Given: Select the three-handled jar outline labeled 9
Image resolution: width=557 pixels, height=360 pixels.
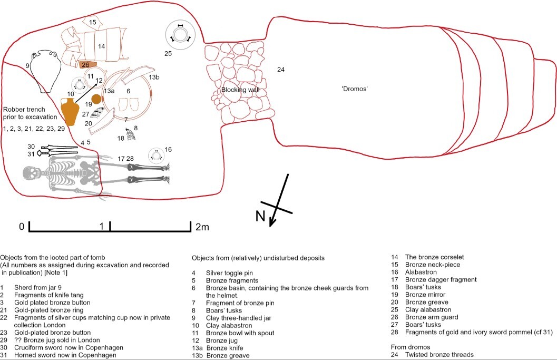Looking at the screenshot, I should (x=42, y=71).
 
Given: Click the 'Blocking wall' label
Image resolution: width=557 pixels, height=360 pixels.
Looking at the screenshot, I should (x=240, y=90).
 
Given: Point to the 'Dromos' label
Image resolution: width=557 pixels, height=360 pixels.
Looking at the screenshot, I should (x=354, y=89).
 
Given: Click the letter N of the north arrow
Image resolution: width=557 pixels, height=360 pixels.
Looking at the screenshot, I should (x=260, y=217).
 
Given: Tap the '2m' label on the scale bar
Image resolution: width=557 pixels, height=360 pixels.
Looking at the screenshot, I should (x=202, y=227).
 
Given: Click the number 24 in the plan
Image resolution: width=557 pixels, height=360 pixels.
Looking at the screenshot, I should (x=281, y=70).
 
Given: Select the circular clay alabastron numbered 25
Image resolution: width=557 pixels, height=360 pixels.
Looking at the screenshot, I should (x=181, y=35).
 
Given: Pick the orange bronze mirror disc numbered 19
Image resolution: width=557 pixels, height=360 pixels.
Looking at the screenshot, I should (x=96, y=99).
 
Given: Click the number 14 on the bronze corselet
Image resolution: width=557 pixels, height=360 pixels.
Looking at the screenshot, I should (x=101, y=46).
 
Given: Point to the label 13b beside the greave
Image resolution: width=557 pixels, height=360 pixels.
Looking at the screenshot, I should (x=154, y=77).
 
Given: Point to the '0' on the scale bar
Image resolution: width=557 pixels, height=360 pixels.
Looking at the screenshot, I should (x=22, y=227).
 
